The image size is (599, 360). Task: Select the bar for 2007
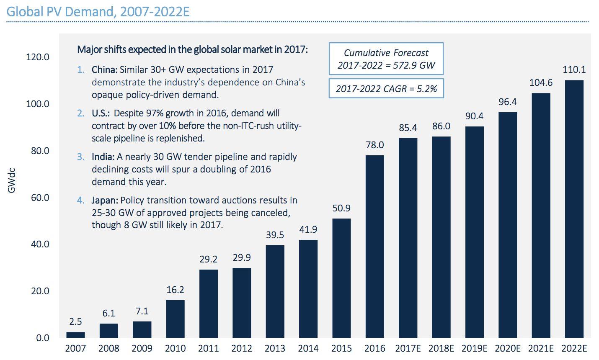point(75,334)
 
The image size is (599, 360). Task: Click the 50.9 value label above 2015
point(341,208)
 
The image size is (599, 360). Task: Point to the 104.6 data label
point(541,83)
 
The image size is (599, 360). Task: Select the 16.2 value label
point(175,290)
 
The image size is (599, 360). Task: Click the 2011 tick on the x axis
point(208,349)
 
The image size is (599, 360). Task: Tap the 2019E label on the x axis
point(474,349)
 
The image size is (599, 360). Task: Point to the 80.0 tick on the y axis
point(40,151)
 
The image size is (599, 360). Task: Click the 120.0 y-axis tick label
point(38,57)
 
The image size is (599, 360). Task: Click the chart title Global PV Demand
point(98,11)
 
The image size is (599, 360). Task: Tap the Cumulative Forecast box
point(386,59)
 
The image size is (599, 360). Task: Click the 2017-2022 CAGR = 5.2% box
point(386,88)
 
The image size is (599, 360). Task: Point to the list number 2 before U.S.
point(80,113)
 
